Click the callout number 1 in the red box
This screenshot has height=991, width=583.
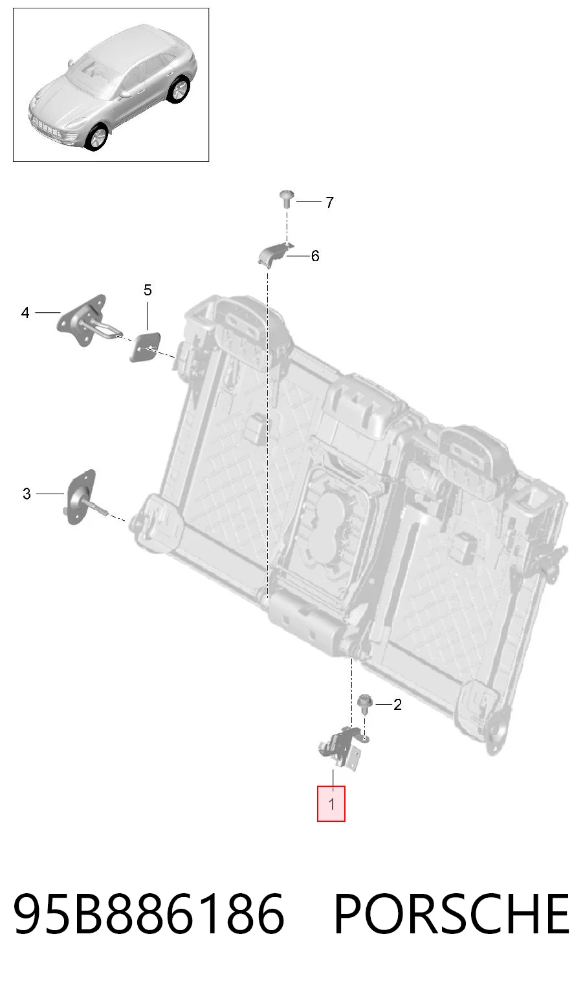click(x=331, y=804)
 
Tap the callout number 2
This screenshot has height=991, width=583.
click(x=397, y=704)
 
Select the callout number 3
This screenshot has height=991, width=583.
click(x=27, y=494)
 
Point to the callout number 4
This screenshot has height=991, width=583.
click(x=25, y=313)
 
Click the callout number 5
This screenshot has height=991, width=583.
click(x=148, y=290)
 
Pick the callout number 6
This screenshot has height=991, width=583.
click(x=315, y=256)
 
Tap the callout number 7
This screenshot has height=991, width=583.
click(x=330, y=203)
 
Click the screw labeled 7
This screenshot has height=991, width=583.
click(x=287, y=199)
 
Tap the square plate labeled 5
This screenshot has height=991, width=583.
click(x=144, y=347)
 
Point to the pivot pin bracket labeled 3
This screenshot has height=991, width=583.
click(x=81, y=496)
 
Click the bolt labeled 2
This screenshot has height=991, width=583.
click(x=365, y=703)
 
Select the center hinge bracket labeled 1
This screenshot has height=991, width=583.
click(x=340, y=748)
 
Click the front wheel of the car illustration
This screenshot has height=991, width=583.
click(x=96, y=137)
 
